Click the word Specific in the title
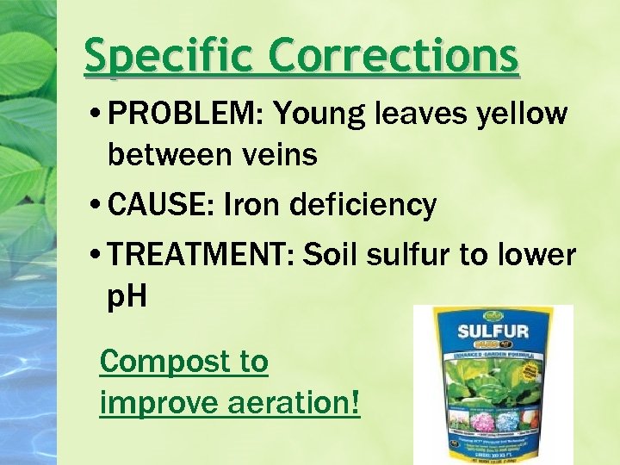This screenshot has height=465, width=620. coord(167,57)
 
